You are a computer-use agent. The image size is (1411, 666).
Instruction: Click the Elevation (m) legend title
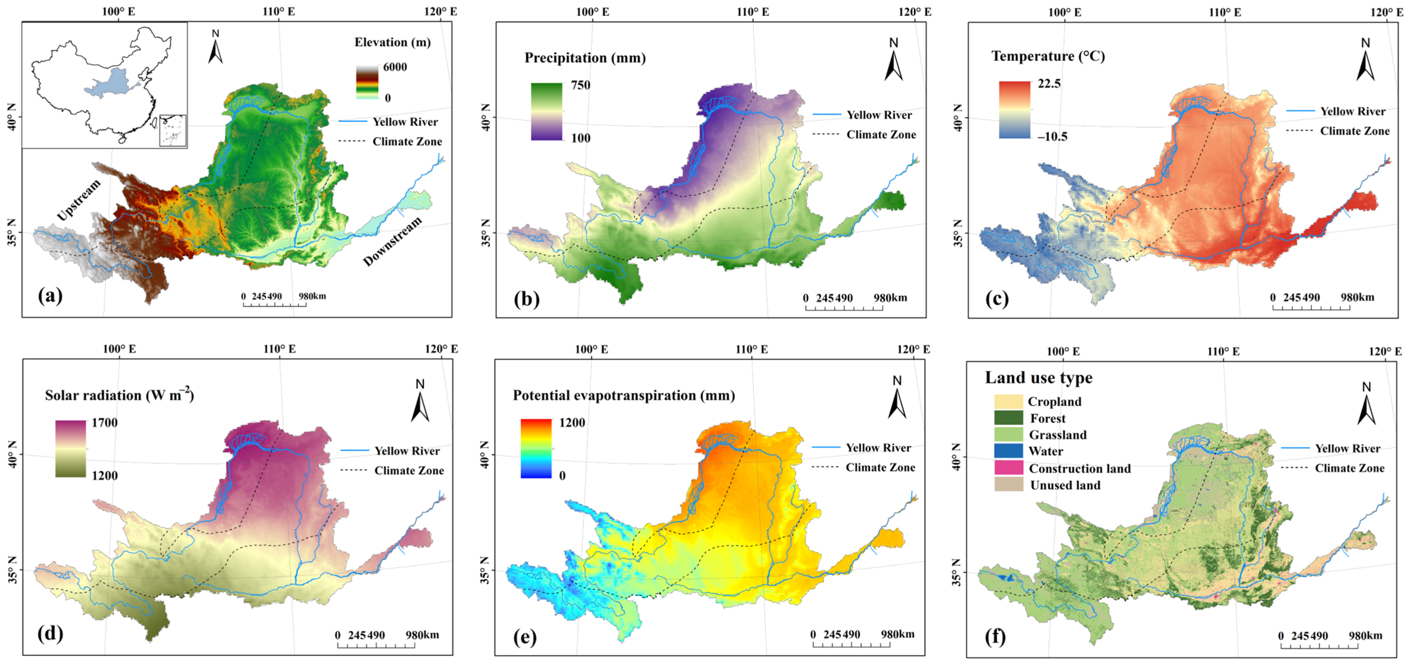click(392, 42)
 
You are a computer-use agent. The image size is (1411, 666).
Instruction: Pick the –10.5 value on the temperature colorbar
click(1052, 136)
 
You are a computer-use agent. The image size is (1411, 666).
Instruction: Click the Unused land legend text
click(1065, 485)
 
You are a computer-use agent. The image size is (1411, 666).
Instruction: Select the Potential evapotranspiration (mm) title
click(623, 395)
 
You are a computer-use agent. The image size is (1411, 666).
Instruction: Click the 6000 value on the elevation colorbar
click(395, 67)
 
